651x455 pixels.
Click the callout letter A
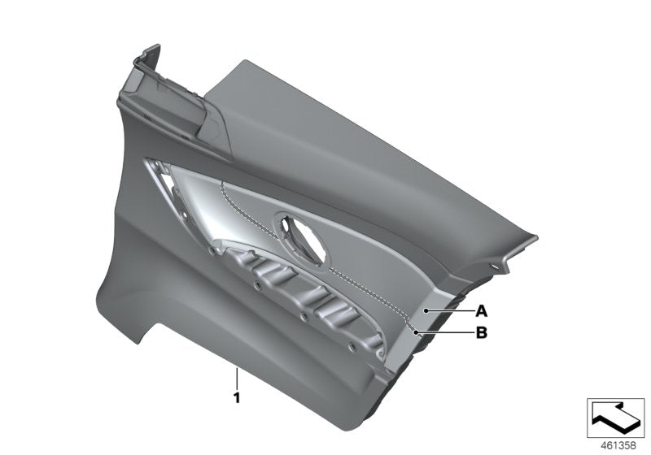pyautogui.click(x=481, y=310)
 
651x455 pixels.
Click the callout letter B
pyautogui.click(x=481, y=331)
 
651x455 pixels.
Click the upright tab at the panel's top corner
pyautogui.click(x=146, y=61)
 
